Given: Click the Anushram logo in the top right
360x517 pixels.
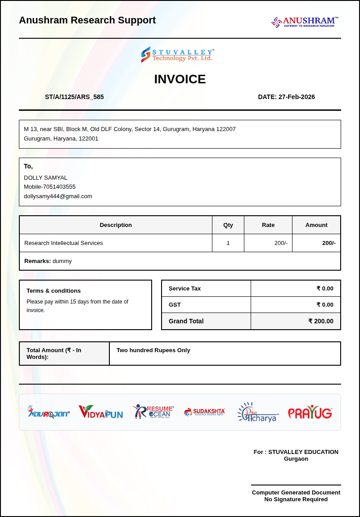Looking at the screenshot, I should point(305,22).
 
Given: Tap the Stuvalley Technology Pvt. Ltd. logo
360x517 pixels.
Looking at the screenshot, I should point(177,54).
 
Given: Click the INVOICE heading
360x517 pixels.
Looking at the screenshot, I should point(180,79).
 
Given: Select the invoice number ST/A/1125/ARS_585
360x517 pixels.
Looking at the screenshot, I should point(74,97).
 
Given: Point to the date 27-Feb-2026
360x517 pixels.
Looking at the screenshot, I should point(297,97).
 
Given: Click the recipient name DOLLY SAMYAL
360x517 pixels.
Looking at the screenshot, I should point(45,177).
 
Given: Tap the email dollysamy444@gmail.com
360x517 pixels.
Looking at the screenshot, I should point(58,196).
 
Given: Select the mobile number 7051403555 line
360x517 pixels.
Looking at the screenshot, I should point(49,186).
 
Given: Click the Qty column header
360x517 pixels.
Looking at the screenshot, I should point(228,225).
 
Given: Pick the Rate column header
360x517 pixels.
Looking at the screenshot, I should point(268,225).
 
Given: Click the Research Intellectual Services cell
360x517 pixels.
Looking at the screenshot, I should point(63,243).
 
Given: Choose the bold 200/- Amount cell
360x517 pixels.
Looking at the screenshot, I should point(328,243).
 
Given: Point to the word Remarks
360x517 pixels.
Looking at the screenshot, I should point(37,261).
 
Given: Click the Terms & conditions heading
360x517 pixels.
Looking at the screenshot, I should point(54,290).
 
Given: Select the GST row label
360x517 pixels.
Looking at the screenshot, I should point(175,304).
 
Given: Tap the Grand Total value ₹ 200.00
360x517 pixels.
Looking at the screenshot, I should point(321,321).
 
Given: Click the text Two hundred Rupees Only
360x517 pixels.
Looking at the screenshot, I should point(153,350).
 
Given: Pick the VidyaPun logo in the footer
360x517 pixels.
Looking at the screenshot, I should point(101,412).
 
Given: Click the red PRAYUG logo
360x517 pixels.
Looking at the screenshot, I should point(310,413).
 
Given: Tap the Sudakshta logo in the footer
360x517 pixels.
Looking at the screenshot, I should point(205,412).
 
